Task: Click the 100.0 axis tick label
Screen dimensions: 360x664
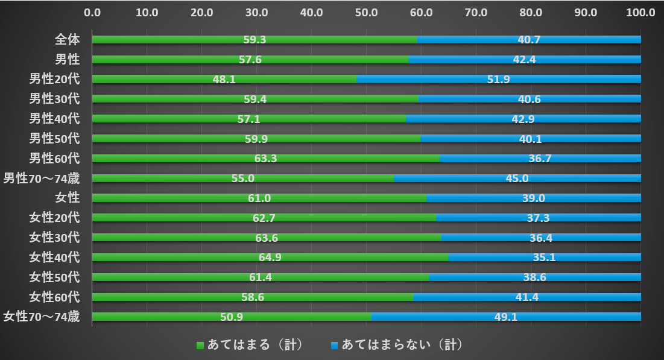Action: click(640, 12)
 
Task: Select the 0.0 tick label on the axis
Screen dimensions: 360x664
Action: click(92, 12)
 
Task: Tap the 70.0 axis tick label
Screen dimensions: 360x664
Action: click(476, 12)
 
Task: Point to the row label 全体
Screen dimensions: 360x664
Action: click(68, 40)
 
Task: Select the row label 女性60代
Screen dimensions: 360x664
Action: click(55, 297)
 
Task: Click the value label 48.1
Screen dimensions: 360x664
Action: click(224, 79)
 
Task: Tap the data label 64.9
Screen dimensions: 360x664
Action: click(270, 257)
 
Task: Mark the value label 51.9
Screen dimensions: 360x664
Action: click(499, 79)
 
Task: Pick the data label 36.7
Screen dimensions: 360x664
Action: click(540, 159)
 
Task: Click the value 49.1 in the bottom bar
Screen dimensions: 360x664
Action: click(505, 317)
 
